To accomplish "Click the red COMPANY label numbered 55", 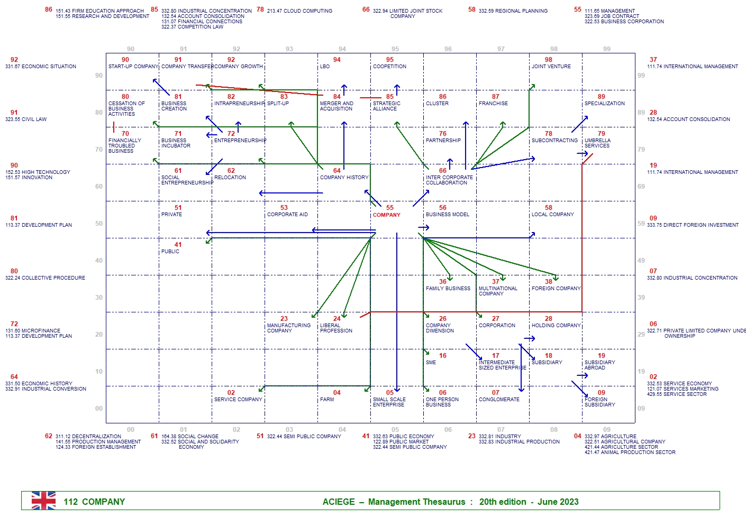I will (x=386, y=215).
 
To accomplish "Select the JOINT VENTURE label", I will (x=551, y=67).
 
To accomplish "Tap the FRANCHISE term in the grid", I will (x=493, y=104).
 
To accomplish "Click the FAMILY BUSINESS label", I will (x=448, y=289).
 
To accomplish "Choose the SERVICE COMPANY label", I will (x=238, y=400).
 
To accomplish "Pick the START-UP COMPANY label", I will (x=133, y=67).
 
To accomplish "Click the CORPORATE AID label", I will (x=287, y=215).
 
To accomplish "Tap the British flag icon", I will (x=43, y=501).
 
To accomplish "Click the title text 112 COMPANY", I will (x=94, y=502).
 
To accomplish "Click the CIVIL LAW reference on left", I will (x=33, y=119).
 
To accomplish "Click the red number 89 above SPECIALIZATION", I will (x=601, y=97).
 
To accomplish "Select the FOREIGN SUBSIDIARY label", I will (x=599, y=402).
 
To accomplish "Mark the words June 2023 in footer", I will (x=558, y=502).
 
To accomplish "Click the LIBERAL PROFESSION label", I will (x=336, y=328).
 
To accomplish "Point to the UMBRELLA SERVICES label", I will (x=597, y=143).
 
